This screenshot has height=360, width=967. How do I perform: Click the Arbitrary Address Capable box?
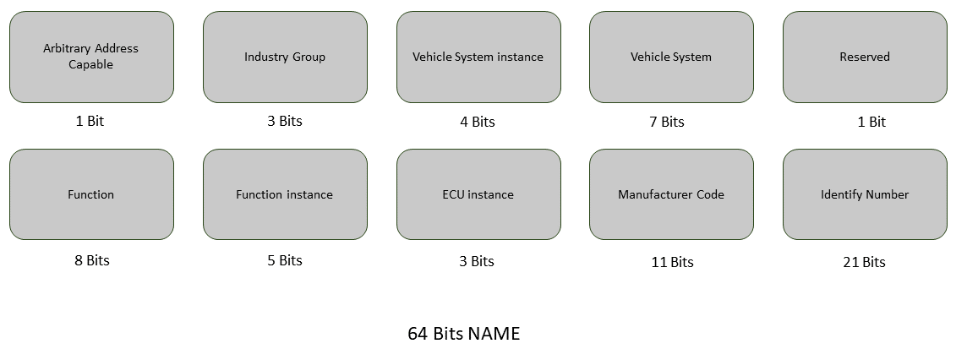click(x=91, y=57)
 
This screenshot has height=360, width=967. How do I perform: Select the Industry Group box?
click(x=285, y=57)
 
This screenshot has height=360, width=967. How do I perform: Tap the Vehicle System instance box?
click(x=478, y=57)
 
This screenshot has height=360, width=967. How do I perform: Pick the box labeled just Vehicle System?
click(x=671, y=57)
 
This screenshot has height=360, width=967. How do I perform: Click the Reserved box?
click(x=865, y=57)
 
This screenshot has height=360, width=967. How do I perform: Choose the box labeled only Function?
click(x=91, y=194)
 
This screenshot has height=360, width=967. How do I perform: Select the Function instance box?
click(x=285, y=194)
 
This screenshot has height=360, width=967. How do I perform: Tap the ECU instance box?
click(x=478, y=194)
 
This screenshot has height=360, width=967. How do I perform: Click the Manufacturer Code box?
click(x=671, y=194)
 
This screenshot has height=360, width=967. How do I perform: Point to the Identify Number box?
click(x=865, y=194)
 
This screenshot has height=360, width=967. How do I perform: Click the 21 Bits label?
click(x=864, y=262)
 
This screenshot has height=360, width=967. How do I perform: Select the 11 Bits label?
click(x=672, y=262)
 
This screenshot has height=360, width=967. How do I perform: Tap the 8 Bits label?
click(x=92, y=260)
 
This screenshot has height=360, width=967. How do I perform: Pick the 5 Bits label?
click(x=285, y=260)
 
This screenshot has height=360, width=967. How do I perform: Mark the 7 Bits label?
click(x=667, y=122)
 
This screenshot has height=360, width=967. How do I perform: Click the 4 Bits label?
click(x=478, y=122)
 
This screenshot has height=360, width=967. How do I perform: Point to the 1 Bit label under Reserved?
click(x=871, y=122)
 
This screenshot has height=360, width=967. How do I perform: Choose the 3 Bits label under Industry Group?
click(x=285, y=121)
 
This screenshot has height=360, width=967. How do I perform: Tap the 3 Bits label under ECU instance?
click(x=477, y=261)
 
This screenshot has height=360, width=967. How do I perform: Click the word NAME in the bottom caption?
click(x=494, y=334)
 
